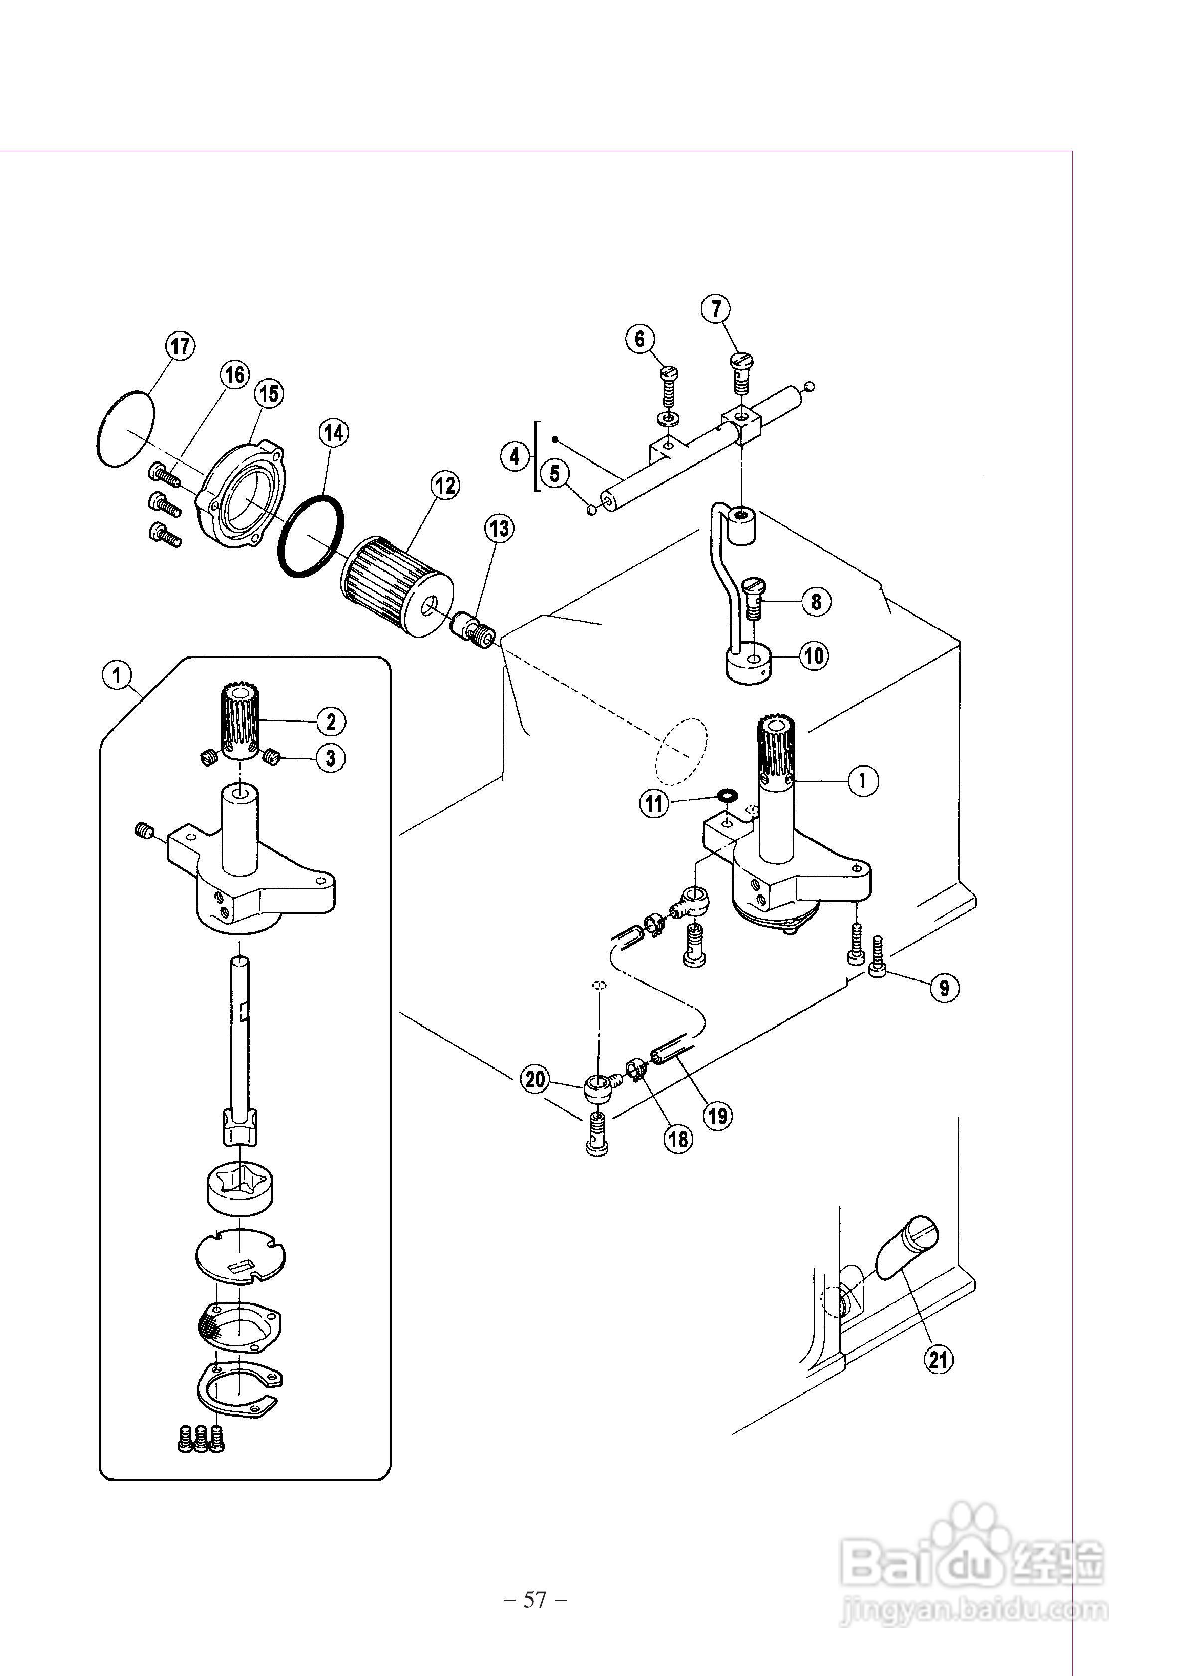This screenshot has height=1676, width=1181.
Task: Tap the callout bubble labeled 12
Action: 445,485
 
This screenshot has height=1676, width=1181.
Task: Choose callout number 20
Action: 536,1079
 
